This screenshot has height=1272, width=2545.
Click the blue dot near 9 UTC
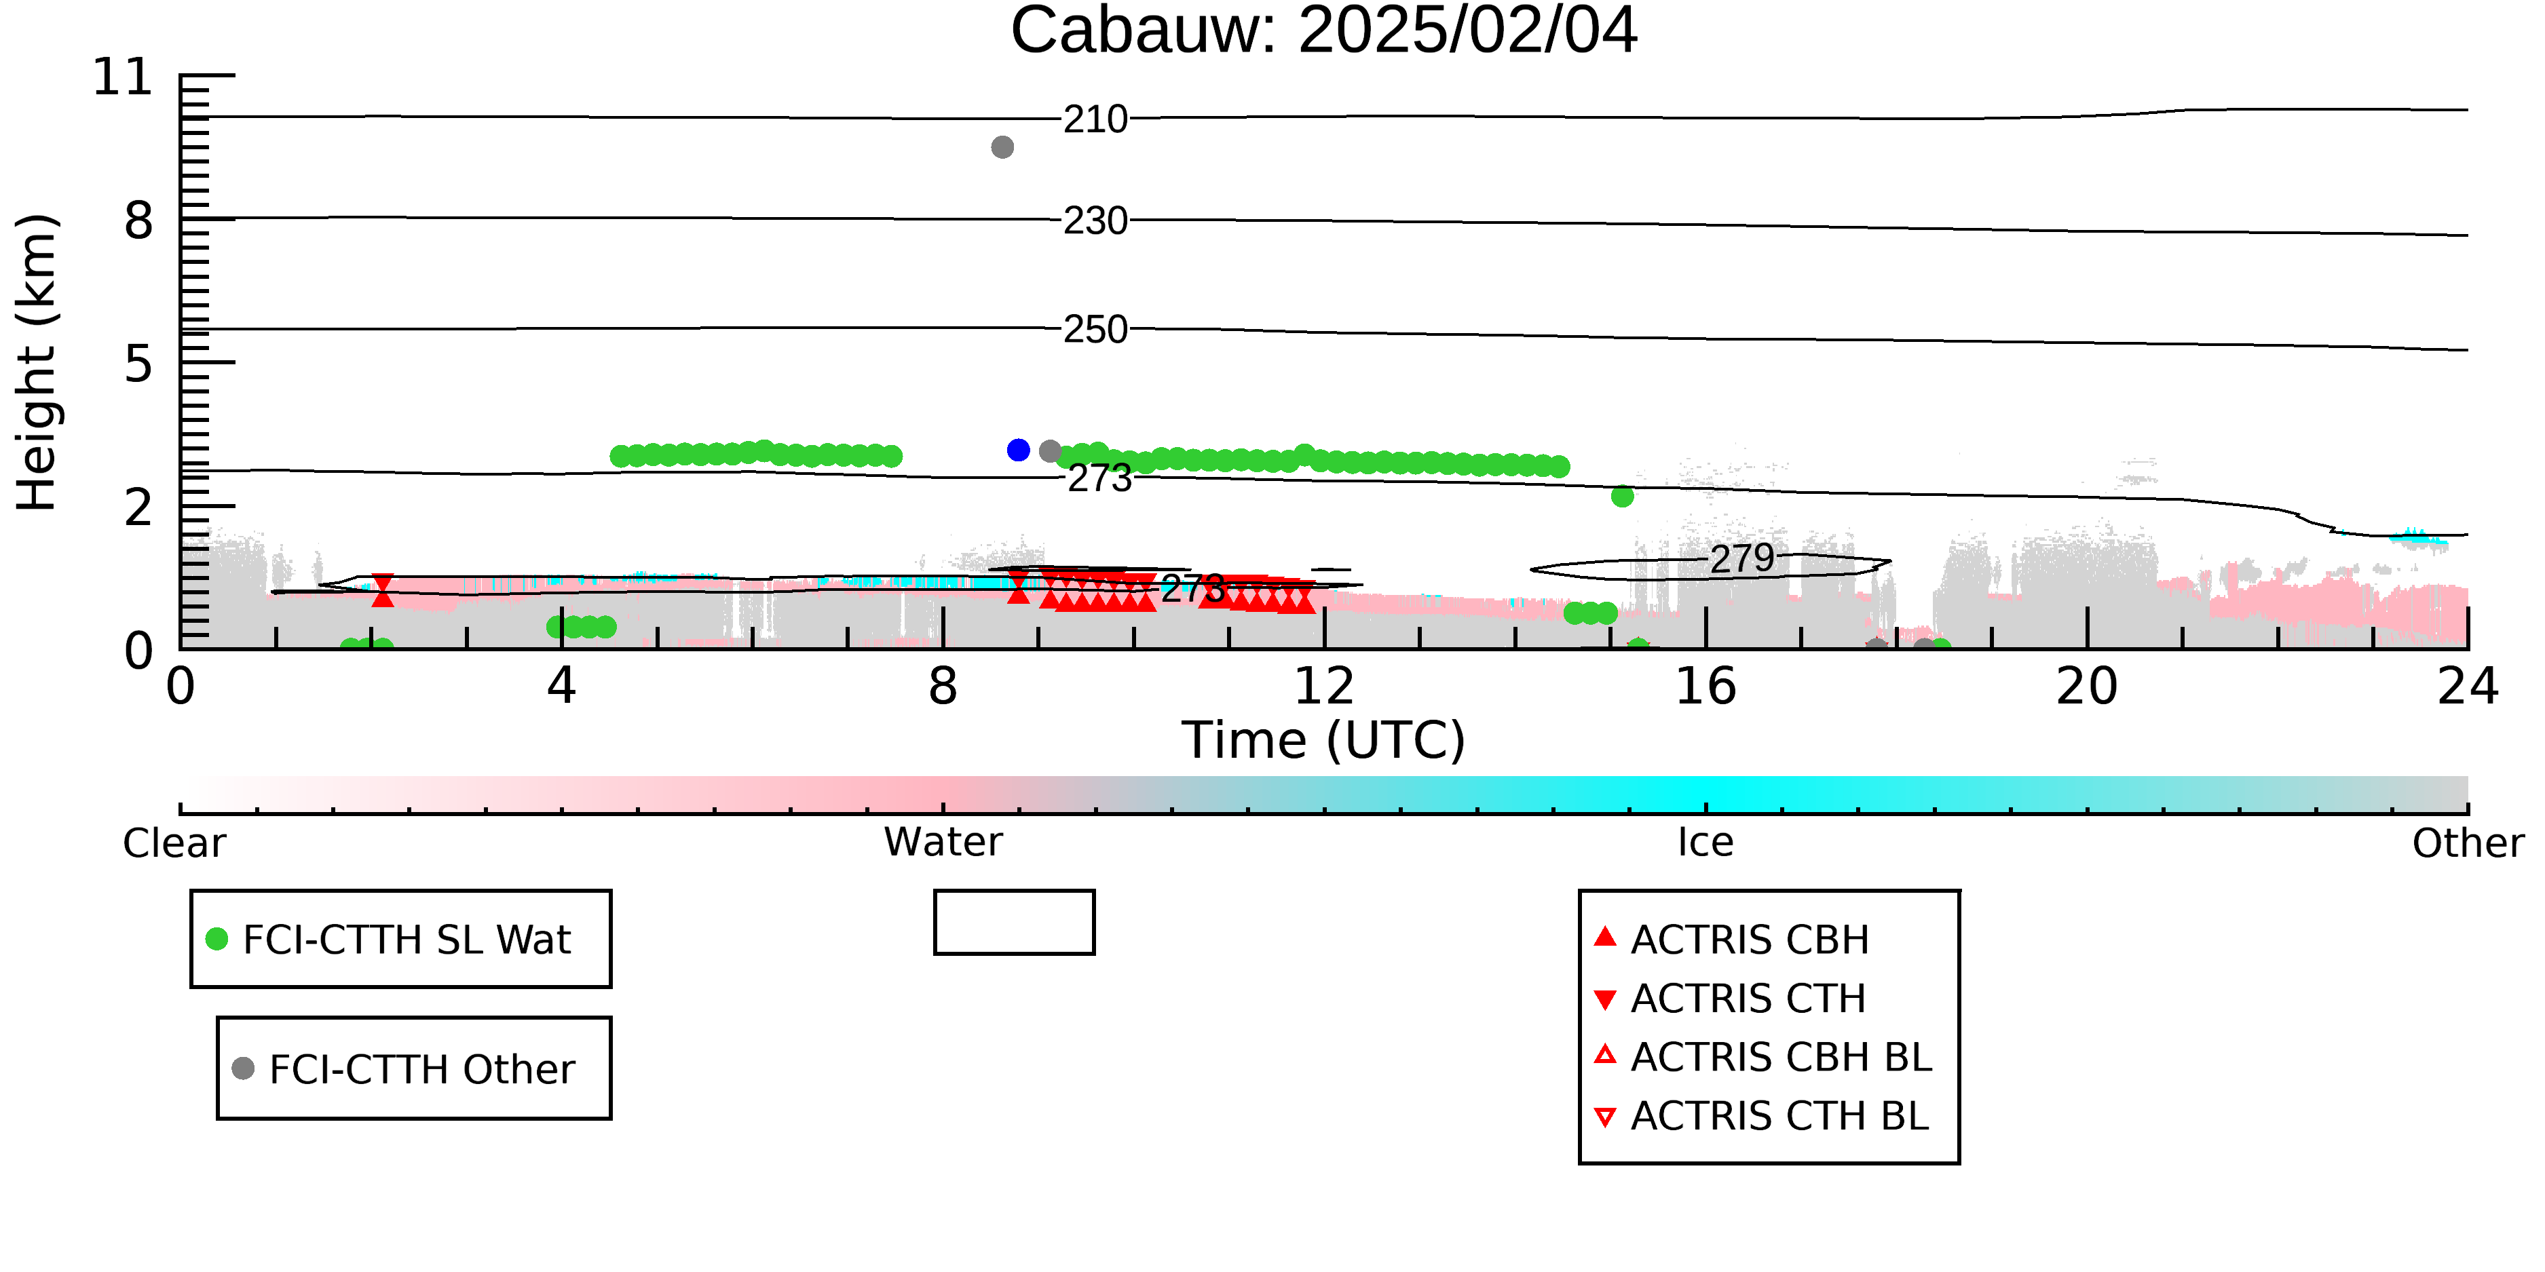coord(1019,450)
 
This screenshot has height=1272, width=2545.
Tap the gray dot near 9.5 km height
coord(1003,147)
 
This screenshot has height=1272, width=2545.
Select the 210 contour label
coord(1095,119)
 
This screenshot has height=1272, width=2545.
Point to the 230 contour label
coord(1095,221)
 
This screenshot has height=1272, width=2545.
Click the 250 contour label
coord(1095,330)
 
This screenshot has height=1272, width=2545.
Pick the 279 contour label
coord(1743,559)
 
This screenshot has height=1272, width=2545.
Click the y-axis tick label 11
coord(123,77)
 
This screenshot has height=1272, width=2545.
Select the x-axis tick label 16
coord(1706,687)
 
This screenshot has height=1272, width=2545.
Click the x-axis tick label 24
coord(2468,687)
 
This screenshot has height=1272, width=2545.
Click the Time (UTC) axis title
coord(1324,741)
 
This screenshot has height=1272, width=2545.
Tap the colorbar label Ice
coord(1705,843)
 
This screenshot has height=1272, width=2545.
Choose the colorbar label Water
coord(943,843)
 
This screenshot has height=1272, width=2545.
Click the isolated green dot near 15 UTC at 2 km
coord(1622,497)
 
